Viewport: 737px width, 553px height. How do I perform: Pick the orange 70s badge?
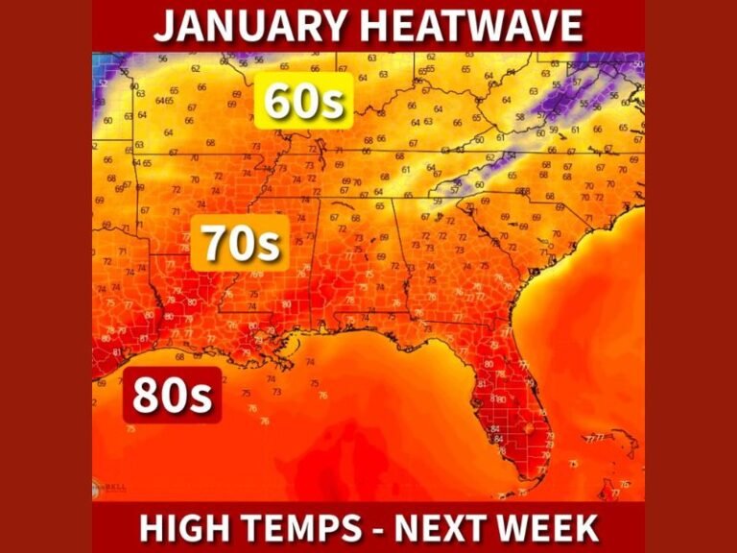pos(240,245)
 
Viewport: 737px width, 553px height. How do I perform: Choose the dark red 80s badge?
pos(172,396)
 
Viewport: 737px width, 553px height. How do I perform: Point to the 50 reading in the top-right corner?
pos(639,63)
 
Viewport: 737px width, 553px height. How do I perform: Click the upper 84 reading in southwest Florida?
pos(496,429)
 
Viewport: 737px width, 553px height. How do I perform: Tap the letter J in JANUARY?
pos(164,26)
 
